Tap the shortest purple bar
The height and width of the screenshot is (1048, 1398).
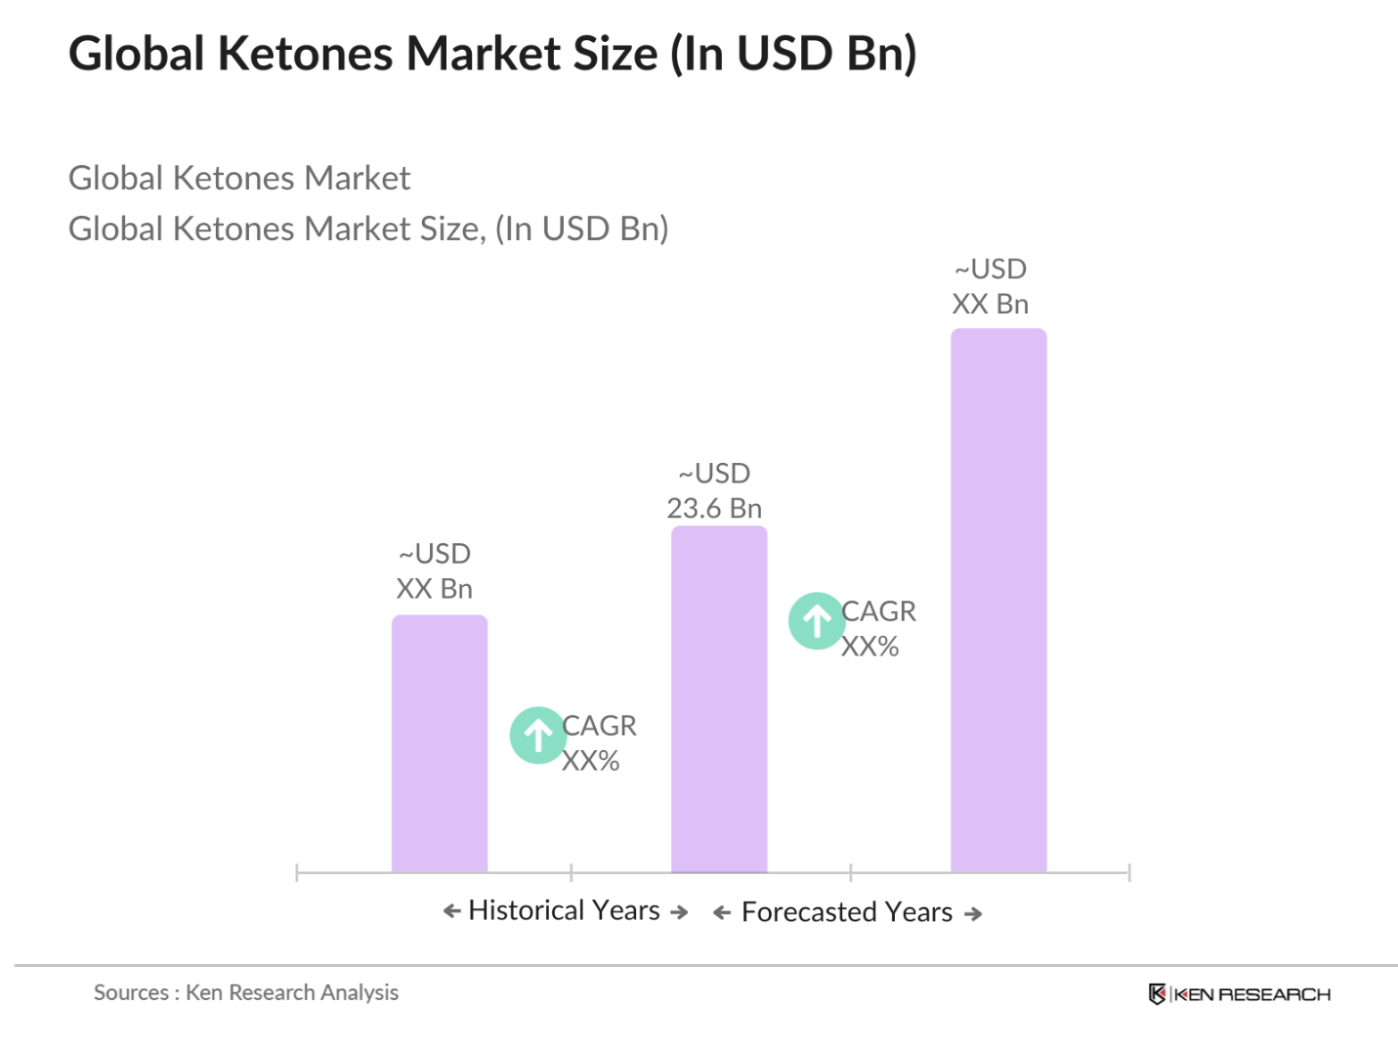(x=439, y=742)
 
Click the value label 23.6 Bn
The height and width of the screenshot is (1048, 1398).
(x=714, y=508)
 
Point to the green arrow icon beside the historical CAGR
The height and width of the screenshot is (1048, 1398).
(x=537, y=734)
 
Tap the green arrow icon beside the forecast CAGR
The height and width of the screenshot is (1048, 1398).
(x=817, y=620)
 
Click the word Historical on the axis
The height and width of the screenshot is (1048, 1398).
(x=526, y=910)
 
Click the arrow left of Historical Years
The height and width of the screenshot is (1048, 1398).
(x=451, y=911)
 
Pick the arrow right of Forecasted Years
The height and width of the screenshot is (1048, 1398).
(x=973, y=914)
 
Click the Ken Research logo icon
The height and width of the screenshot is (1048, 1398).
(x=1157, y=994)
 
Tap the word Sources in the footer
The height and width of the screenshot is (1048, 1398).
(x=131, y=992)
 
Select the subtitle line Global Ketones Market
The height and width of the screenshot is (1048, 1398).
(x=239, y=178)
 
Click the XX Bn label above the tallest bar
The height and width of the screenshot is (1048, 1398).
(x=990, y=304)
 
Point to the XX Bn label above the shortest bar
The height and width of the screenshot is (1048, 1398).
(x=435, y=589)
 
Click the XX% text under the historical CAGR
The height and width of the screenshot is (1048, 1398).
(x=590, y=761)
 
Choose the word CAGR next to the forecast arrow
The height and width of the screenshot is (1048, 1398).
(x=878, y=611)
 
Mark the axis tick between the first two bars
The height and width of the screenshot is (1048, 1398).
(x=572, y=872)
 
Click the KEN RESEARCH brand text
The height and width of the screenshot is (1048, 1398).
(x=1252, y=994)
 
